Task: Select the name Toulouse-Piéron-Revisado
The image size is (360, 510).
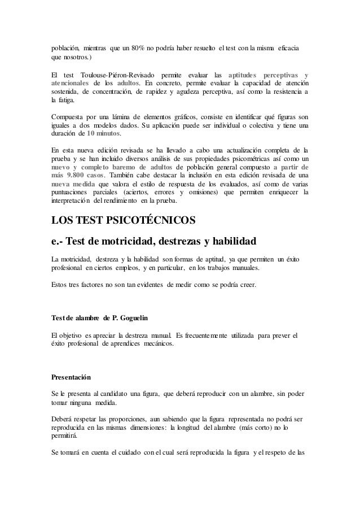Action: pos(116,76)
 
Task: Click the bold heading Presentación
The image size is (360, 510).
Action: pos(71,377)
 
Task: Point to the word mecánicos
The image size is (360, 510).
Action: pos(155,345)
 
